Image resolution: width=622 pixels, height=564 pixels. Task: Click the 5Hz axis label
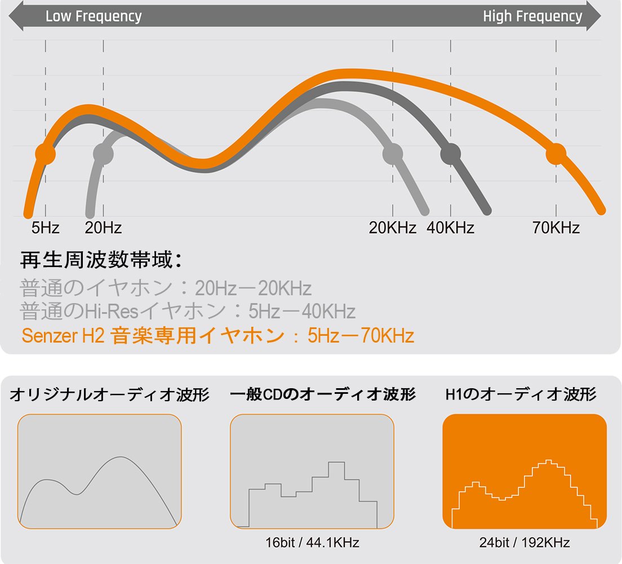tap(45, 228)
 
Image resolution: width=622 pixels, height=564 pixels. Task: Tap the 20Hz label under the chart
tap(103, 228)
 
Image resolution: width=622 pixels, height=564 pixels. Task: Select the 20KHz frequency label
tap(393, 228)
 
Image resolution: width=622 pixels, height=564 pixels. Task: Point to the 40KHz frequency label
tap(450, 228)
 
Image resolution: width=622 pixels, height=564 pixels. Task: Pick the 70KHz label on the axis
tap(556, 228)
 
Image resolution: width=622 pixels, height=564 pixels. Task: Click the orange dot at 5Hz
tap(45, 153)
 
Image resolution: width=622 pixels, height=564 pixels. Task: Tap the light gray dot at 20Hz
tap(103, 153)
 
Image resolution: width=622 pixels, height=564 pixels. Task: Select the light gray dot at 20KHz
tap(393, 153)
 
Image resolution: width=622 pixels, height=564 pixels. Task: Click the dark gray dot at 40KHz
tap(451, 153)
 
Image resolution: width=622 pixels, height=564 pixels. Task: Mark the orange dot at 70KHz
tap(556, 153)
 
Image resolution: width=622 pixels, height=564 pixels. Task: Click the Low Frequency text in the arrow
tap(94, 16)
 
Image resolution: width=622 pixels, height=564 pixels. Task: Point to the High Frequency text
tap(532, 16)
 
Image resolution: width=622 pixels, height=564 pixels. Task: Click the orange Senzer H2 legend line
tap(217, 336)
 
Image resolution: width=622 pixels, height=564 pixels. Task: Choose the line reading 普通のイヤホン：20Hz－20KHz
tap(166, 288)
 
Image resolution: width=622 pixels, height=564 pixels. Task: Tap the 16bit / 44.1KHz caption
tap(312, 543)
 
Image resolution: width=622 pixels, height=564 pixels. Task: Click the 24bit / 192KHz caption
tap(525, 543)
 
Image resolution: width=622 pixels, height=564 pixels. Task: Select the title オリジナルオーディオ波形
tap(109, 395)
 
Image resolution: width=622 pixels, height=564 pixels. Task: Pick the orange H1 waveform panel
tap(525, 471)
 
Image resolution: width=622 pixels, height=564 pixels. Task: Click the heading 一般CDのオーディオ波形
tap(323, 395)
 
